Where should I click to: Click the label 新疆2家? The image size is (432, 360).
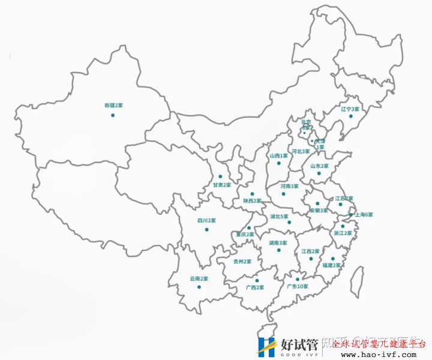tap(113, 105)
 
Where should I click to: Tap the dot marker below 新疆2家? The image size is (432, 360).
tap(112, 115)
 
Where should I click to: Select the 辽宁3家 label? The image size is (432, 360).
tap(350, 109)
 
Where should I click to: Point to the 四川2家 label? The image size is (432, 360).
tap(206, 221)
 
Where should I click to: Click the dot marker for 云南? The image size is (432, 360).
tap(199, 287)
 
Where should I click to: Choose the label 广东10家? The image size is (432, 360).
tap(298, 287)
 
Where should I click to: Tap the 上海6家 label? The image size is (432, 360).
tap(364, 214)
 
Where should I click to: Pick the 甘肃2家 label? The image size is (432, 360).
tap(221, 185)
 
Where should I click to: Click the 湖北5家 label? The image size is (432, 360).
tap(280, 216)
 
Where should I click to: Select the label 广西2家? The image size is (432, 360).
tap(256, 287)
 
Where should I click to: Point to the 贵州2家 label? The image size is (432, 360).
tap(242, 262)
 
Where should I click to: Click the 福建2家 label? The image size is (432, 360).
tap(331, 265)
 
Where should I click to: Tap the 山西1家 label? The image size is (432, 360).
tap(279, 155)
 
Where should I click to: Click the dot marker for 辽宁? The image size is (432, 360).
tap(351, 116)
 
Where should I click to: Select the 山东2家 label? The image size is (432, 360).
tap(319, 166)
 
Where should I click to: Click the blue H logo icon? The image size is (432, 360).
tap(266, 346)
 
